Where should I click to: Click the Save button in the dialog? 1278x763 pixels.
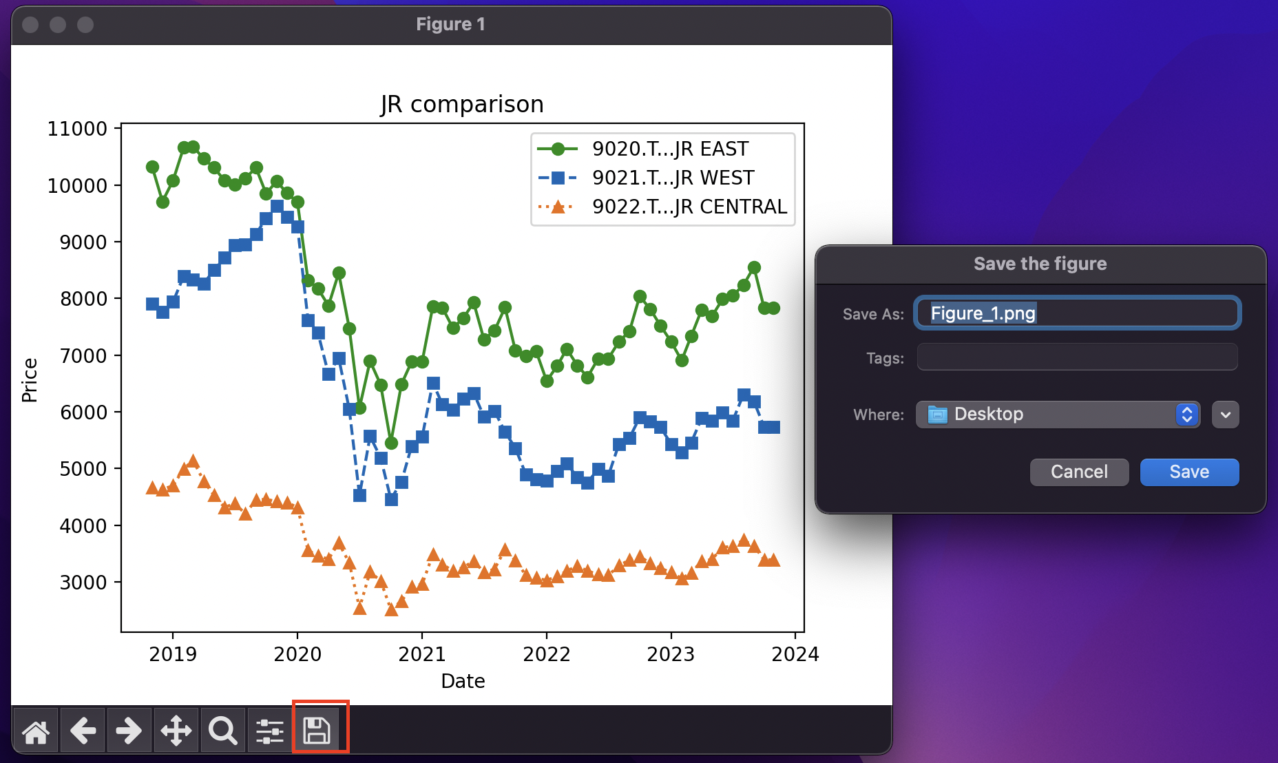click(1189, 472)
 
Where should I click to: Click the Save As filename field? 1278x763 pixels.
click(1077, 313)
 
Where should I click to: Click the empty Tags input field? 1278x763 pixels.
click(1077, 357)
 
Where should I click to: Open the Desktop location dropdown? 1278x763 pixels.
click(1058, 415)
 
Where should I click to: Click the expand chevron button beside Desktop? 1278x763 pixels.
click(1226, 415)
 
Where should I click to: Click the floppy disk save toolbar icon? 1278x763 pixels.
click(317, 730)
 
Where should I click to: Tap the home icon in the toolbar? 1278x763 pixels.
click(36, 731)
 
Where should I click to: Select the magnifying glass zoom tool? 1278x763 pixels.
click(223, 731)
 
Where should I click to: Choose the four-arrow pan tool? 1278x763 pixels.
click(176, 731)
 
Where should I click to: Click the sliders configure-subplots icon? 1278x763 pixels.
click(270, 731)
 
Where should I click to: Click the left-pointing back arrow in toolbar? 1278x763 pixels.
click(83, 731)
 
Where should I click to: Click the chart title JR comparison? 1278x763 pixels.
click(462, 104)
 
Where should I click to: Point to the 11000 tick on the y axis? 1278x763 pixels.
click(77, 129)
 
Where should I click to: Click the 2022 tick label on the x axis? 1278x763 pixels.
click(547, 654)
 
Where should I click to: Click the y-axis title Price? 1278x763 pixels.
click(30, 380)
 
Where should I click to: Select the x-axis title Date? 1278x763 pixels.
click(463, 681)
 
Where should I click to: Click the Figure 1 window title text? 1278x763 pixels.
click(451, 24)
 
